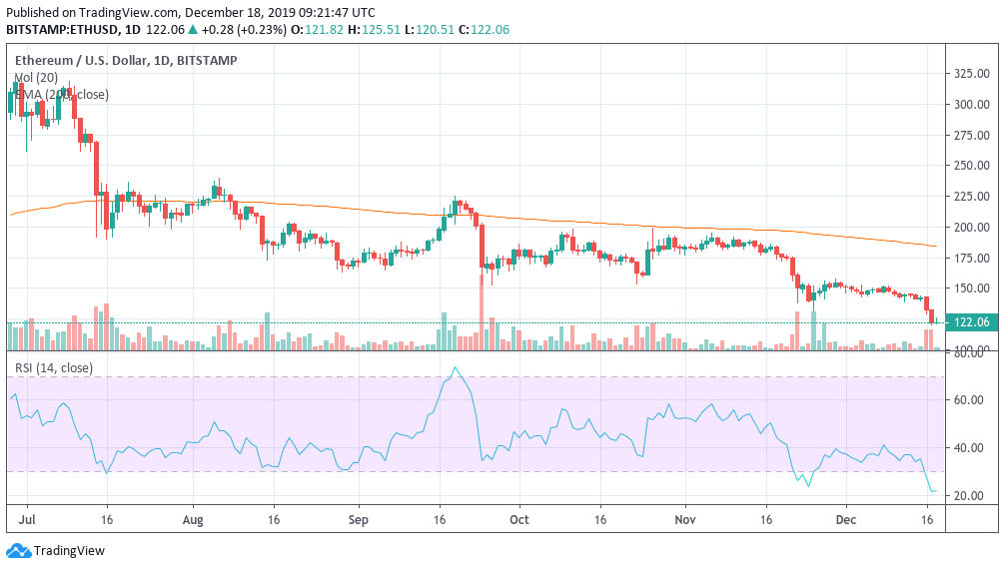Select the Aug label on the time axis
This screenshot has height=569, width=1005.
click(x=193, y=520)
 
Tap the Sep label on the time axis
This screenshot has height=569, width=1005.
click(x=359, y=520)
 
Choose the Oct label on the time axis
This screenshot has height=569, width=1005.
click(x=517, y=520)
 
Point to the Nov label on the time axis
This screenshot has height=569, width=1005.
click(x=684, y=520)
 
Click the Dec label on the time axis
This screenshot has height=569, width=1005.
click(x=845, y=520)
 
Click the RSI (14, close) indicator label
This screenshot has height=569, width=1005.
click(x=53, y=368)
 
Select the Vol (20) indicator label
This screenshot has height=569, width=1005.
click(x=36, y=77)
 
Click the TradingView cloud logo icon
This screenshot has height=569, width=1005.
click(x=18, y=551)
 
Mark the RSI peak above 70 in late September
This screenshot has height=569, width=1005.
click(x=456, y=368)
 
